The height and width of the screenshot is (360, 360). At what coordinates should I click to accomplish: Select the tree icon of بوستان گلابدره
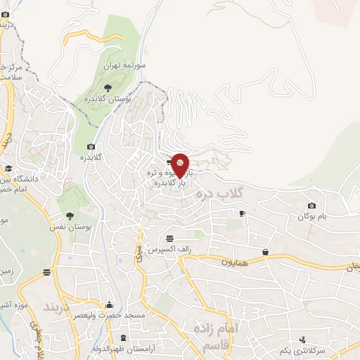(x=107, y=88)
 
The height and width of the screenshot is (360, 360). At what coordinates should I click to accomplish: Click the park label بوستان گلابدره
(x=107, y=99)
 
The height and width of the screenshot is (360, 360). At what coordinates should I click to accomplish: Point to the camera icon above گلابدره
(x=91, y=146)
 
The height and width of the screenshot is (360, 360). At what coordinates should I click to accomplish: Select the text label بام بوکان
(x=311, y=217)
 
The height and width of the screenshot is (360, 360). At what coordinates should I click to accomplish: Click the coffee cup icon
(x=242, y=213)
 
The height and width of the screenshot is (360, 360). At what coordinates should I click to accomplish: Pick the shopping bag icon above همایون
(x=265, y=252)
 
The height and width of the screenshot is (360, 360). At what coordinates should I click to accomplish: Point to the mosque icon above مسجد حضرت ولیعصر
(x=109, y=306)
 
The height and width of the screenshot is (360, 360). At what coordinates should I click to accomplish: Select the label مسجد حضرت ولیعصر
(x=109, y=316)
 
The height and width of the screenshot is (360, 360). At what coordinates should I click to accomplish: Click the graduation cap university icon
(x=8, y=169)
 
